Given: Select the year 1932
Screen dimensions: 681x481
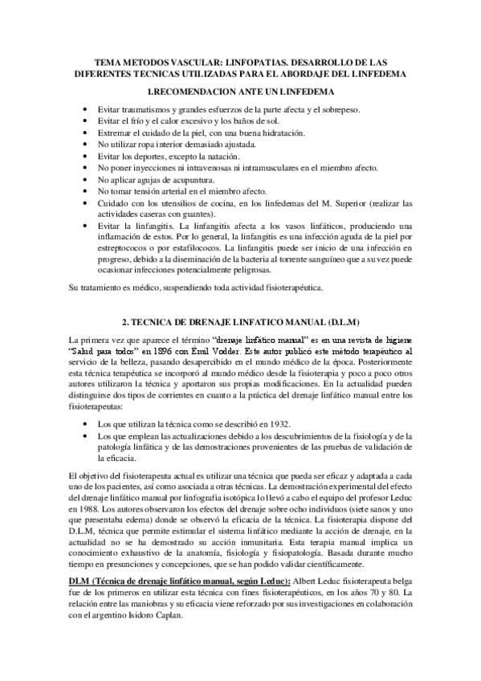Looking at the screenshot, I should (x=280, y=422).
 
